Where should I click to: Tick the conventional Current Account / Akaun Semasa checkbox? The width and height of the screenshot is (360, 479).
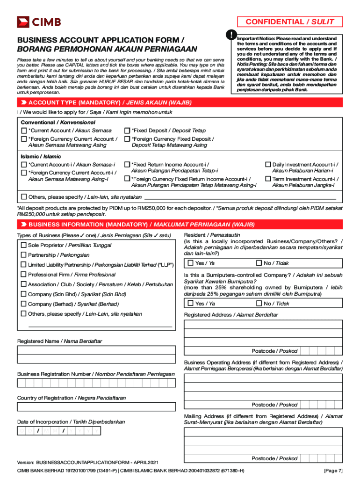point(24,131)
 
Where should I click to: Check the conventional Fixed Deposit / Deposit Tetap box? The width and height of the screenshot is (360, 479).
point(127,131)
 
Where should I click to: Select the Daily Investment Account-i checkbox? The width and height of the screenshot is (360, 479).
point(268,165)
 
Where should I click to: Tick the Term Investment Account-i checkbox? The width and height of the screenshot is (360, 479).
point(268,179)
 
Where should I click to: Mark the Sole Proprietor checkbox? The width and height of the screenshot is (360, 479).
point(23,245)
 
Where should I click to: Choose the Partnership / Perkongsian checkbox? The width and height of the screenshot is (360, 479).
point(23,255)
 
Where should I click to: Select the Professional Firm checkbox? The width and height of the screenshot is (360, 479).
point(23,275)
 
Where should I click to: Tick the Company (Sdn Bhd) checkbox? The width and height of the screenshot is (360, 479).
point(23,294)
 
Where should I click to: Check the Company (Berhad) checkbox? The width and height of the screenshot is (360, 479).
point(23,304)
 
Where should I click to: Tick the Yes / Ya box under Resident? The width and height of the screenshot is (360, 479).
point(190,263)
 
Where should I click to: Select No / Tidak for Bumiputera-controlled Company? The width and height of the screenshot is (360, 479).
point(259,304)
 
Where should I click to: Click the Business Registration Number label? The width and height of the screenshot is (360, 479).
point(96,374)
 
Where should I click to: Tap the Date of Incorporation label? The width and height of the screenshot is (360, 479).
point(71,421)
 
